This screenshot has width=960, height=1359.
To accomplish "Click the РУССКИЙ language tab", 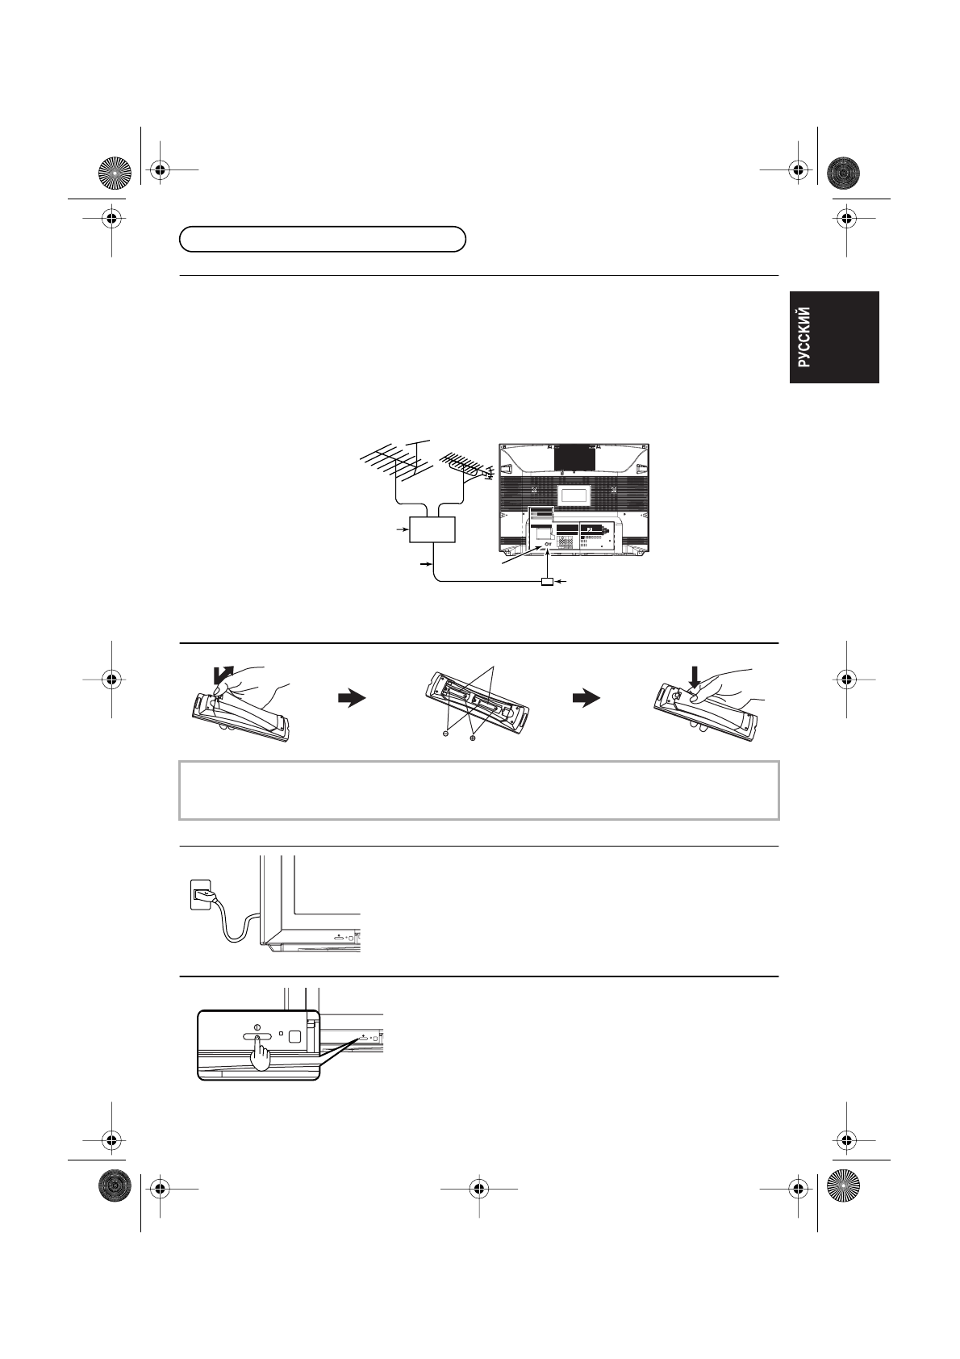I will pos(833,337).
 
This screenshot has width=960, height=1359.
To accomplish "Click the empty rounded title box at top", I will pos(323,240).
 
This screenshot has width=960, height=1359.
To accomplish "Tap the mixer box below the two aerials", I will pos(433,529).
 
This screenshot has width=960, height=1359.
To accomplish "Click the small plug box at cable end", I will pos(548,581).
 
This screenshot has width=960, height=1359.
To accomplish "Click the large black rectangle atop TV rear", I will pos(574,457).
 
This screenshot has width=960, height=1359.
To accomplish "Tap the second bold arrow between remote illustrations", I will pos(586,699).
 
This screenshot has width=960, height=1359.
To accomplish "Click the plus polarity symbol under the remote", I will pos(474,736).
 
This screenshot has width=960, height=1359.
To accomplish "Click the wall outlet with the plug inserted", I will pos(201,893).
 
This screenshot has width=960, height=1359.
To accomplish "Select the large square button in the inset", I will pos(294,1038).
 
